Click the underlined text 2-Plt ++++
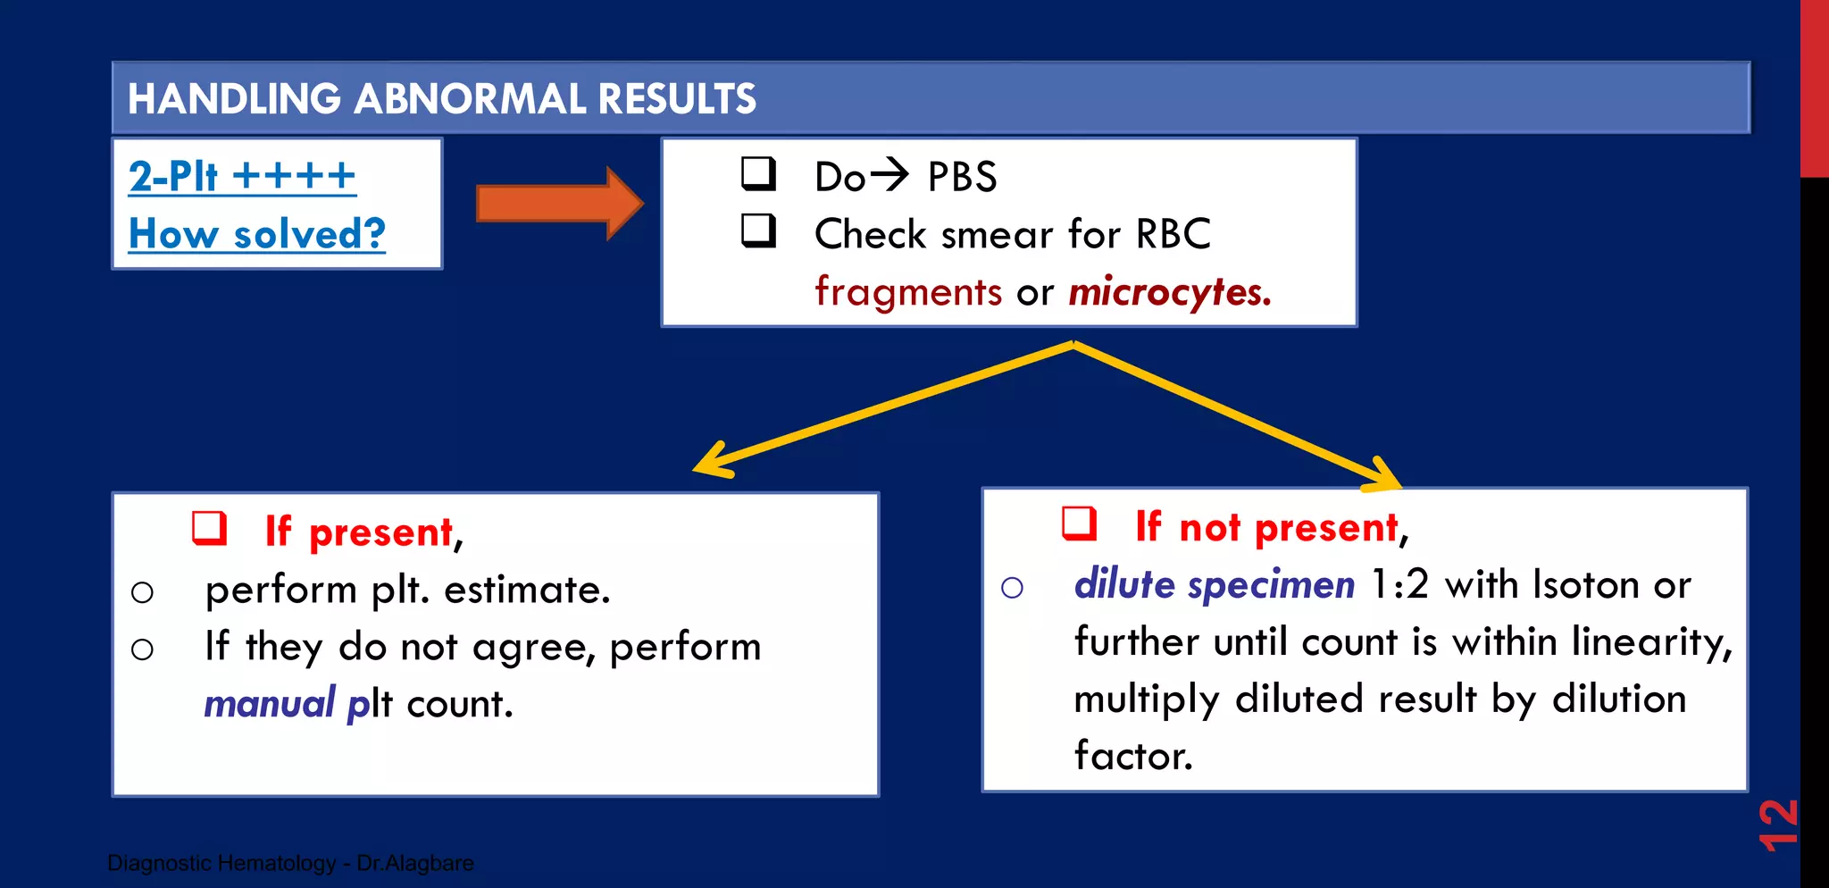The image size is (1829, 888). (x=242, y=176)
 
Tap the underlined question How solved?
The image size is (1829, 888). (x=257, y=234)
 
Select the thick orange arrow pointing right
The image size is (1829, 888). (x=559, y=204)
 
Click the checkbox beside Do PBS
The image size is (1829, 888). (x=758, y=173)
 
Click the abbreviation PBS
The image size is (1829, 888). (x=962, y=177)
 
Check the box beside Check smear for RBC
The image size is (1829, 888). (x=758, y=230)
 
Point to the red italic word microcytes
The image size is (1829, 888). (x=1169, y=292)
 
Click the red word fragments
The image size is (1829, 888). (x=908, y=292)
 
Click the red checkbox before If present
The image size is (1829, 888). (x=209, y=528)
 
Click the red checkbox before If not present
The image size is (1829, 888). (x=1079, y=524)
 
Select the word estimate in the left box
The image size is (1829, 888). (x=527, y=590)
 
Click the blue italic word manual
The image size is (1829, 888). (x=269, y=704)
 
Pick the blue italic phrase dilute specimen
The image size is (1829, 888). (x=1214, y=584)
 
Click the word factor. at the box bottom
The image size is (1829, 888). (x=1132, y=756)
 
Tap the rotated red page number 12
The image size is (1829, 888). (x=1777, y=824)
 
